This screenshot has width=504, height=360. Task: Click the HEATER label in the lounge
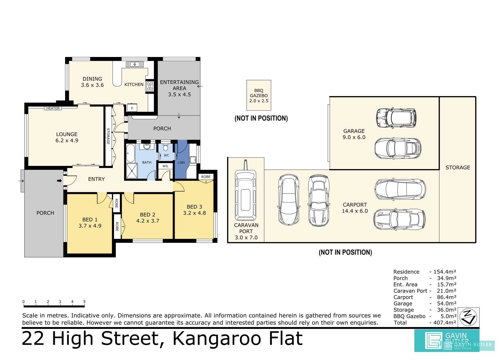[x=53, y=108]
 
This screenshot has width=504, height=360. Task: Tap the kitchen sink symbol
[x=135, y=64]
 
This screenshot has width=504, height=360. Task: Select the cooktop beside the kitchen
[x=150, y=86]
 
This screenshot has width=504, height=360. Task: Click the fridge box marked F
[x=132, y=108]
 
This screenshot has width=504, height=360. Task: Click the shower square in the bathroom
[x=132, y=171]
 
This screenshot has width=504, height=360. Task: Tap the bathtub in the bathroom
[x=131, y=153]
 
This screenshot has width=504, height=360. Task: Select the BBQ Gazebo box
[x=259, y=95]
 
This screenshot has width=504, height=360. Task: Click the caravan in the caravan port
[x=245, y=193]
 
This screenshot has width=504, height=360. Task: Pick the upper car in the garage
[x=396, y=118]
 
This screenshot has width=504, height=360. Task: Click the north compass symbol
[x=468, y=317]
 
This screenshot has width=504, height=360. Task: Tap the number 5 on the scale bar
[x=84, y=301]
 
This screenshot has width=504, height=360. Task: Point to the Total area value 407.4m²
[x=445, y=322]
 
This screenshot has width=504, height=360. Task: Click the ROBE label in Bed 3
[x=206, y=177]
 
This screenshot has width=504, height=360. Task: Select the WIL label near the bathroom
[x=165, y=166]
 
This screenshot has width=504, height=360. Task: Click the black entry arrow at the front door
[x=59, y=181]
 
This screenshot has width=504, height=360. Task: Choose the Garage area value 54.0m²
[x=447, y=304]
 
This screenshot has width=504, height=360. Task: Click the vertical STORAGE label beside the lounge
[x=108, y=136]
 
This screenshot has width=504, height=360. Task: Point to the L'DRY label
[x=181, y=163]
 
